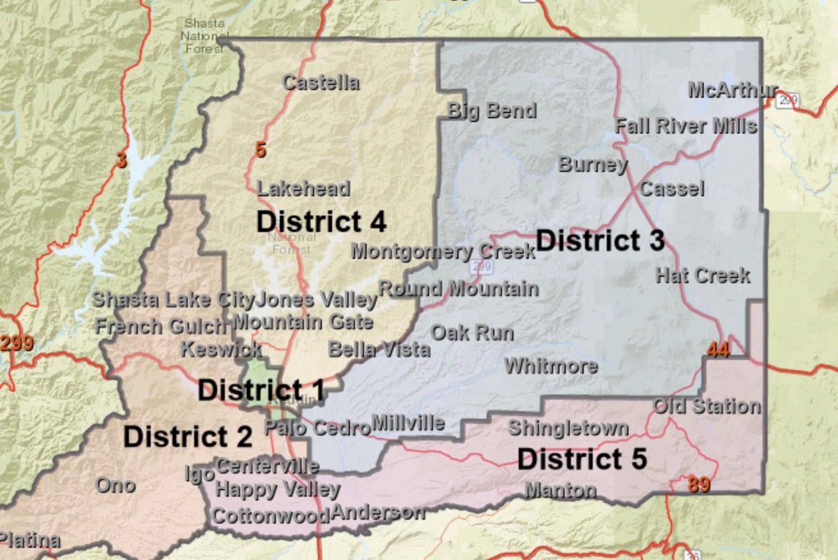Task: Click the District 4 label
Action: (321, 222)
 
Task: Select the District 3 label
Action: (600, 240)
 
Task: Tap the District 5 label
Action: (582, 459)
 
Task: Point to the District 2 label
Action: (188, 437)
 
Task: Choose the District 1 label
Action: (261, 390)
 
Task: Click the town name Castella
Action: (321, 82)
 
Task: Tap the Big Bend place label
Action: (492, 111)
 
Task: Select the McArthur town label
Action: (733, 90)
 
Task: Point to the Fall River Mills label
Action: (686, 126)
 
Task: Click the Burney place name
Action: (593, 164)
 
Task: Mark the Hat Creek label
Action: (703, 276)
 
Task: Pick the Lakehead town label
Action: (303, 189)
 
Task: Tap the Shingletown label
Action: (568, 428)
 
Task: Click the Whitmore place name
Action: (551, 366)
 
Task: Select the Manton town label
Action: (561, 490)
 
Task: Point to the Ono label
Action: (116, 485)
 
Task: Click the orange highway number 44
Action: (718, 349)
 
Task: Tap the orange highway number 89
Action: (699, 485)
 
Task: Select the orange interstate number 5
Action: (260, 150)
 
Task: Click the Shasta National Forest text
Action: (204, 36)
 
